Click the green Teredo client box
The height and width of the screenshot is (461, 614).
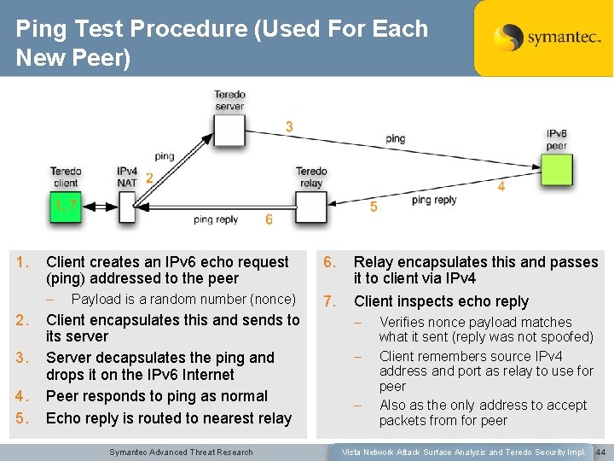(66, 206)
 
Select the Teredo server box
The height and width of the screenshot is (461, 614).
(229, 129)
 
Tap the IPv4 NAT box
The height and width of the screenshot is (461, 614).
(127, 206)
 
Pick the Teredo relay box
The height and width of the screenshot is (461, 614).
(311, 206)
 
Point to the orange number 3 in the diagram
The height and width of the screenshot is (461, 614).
(289, 127)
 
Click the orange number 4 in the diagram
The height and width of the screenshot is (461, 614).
(501, 186)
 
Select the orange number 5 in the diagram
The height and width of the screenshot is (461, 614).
(374, 207)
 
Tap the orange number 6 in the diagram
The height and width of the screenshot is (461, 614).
(269, 220)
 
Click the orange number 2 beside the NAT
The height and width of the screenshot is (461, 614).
(149, 178)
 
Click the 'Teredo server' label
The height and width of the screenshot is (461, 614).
(229, 101)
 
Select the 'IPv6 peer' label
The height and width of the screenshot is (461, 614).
(557, 140)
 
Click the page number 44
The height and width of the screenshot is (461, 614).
(600, 452)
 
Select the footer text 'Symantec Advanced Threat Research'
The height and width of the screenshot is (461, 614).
(182, 452)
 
